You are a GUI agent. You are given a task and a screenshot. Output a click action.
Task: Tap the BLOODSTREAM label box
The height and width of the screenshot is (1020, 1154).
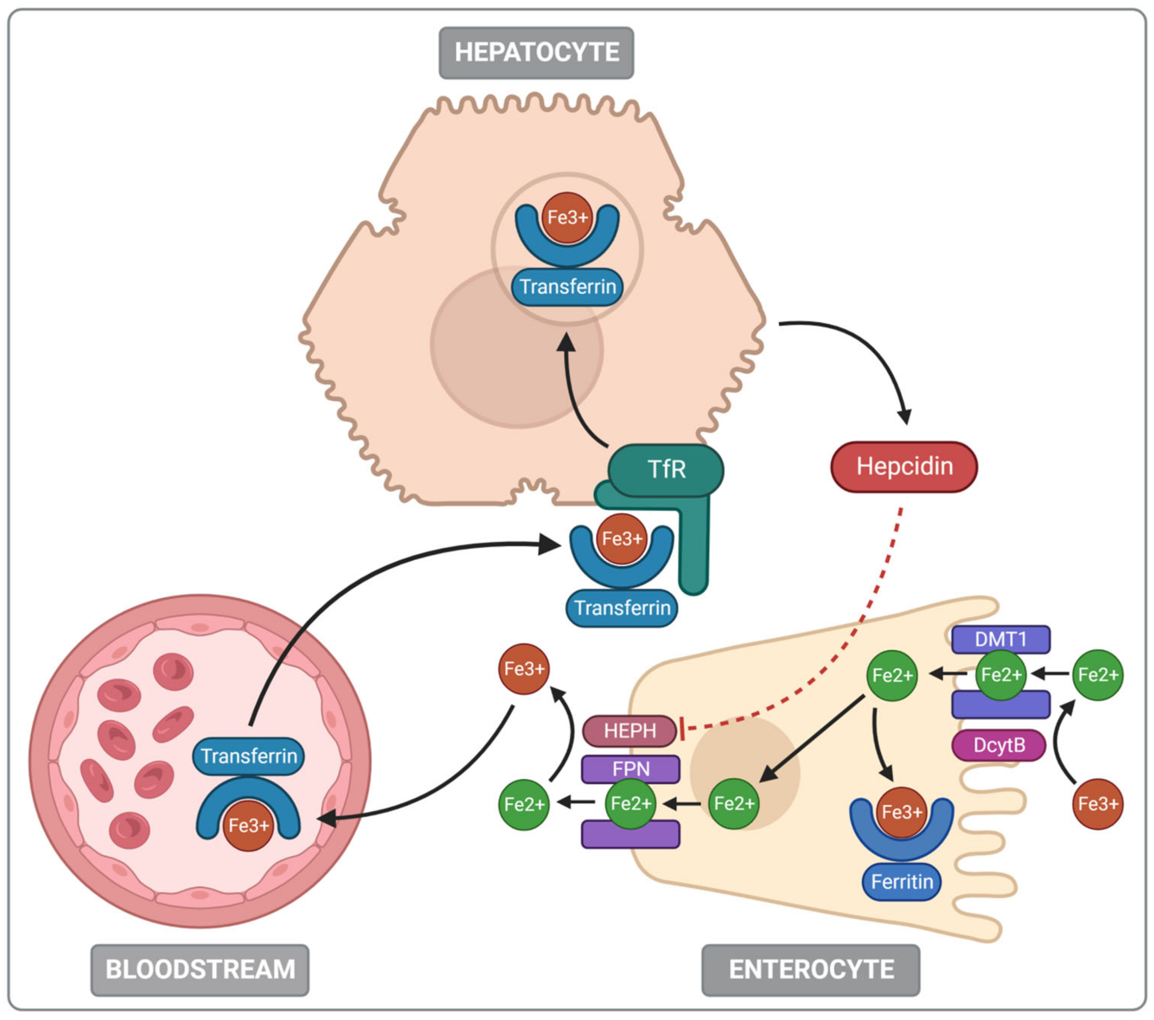(x=200, y=969)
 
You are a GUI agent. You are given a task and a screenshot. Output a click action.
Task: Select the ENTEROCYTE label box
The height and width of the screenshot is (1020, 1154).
(x=811, y=969)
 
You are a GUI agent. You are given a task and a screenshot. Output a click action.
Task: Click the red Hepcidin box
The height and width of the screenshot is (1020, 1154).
(x=904, y=467)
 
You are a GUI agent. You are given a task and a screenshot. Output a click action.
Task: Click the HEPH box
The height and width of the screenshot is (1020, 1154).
(x=629, y=731)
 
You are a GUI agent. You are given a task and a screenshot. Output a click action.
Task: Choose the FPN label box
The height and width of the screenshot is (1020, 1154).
(x=631, y=769)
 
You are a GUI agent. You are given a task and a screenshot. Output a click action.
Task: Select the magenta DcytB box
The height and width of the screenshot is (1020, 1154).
(x=999, y=745)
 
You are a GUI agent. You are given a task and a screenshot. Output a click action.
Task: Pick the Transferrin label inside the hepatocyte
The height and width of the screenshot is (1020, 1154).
(x=567, y=287)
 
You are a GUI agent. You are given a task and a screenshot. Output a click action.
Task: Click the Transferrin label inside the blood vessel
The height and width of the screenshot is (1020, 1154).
(x=249, y=756)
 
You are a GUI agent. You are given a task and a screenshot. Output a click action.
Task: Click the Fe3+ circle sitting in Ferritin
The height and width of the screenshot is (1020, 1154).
(x=902, y=812)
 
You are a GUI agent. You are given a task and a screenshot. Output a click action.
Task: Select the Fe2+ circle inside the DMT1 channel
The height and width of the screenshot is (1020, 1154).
(x=1000, y=674)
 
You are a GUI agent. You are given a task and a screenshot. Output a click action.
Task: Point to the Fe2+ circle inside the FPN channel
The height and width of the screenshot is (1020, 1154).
(x=631, y=803)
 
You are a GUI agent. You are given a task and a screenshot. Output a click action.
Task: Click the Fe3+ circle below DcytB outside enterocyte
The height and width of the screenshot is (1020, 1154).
(x=1098, y=804)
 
